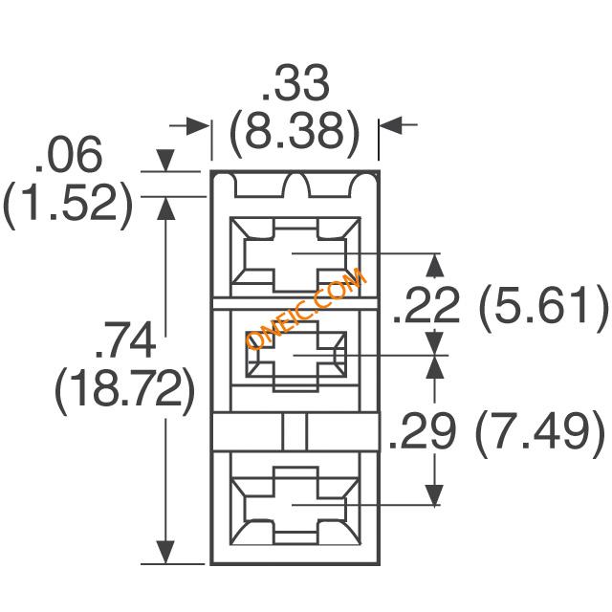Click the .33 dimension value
295,83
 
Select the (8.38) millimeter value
295,132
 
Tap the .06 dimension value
69,154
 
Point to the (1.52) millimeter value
68,204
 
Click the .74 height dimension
125,340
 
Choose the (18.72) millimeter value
124,389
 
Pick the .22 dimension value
426,306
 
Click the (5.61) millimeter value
543,306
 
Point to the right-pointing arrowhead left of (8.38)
198,125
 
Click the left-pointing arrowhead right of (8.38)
391,125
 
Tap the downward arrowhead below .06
165,160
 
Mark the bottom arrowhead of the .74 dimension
165,553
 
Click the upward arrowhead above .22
435,266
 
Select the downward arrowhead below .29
434,495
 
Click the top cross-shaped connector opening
295,254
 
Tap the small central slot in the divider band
295,432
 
